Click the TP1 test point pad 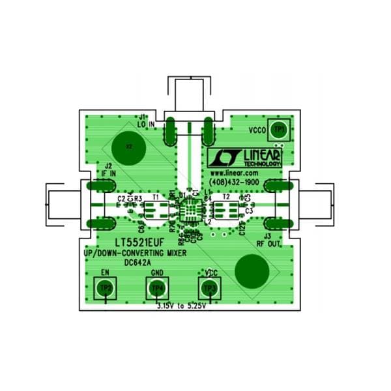coord(280,130)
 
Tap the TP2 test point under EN coord(105,287)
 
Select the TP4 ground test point coord(157,287)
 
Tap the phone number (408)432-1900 coord(234,182)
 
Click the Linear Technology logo coord(244,157)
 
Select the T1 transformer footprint coord(155,210)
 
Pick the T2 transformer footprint coord(226,210)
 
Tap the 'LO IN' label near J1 coord(147,124)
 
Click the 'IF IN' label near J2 coord(108,173)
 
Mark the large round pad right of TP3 coord(253,270)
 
